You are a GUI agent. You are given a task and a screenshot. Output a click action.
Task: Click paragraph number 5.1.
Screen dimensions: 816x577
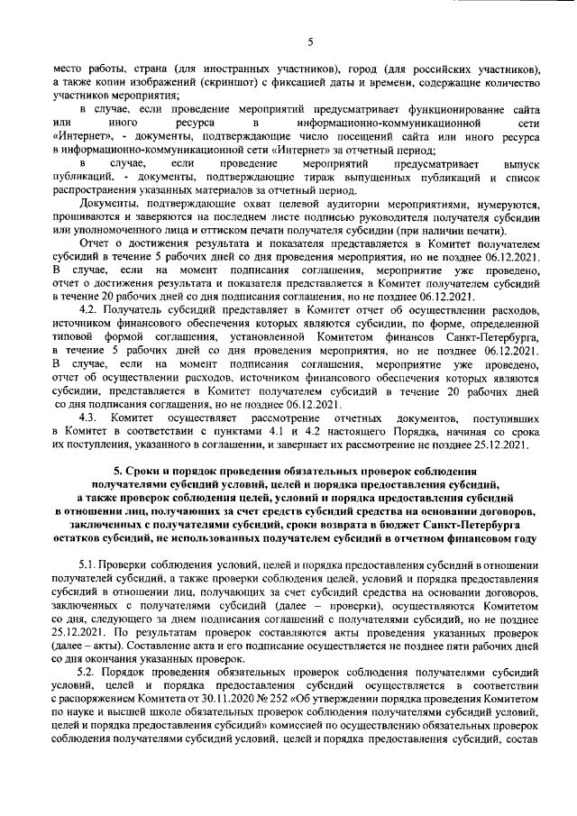90,564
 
